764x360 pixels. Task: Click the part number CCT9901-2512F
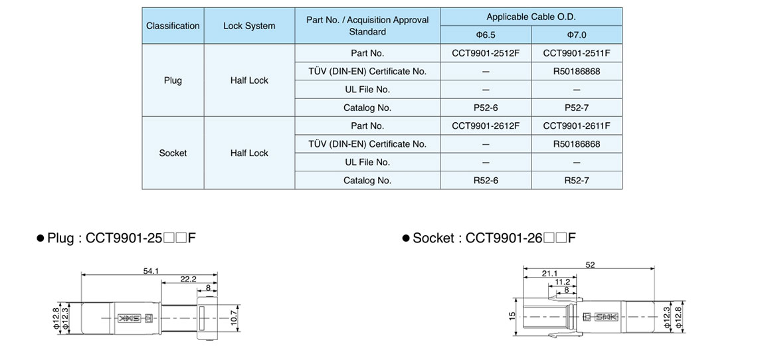486,53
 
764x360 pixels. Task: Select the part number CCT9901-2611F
576,126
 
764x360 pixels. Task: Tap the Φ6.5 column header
486,35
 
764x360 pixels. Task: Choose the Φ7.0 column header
576,35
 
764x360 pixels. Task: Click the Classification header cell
173,26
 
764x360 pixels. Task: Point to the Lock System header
249,26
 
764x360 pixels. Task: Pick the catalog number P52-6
486,108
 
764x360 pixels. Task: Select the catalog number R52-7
576,180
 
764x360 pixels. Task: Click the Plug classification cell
173,80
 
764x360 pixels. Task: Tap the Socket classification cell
173,153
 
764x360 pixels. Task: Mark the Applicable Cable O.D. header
531,17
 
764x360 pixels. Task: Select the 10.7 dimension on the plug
233,317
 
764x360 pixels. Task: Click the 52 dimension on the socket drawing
590,265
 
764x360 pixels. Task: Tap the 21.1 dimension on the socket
549,274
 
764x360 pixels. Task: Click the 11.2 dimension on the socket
563,282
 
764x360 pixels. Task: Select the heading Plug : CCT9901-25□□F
116,238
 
